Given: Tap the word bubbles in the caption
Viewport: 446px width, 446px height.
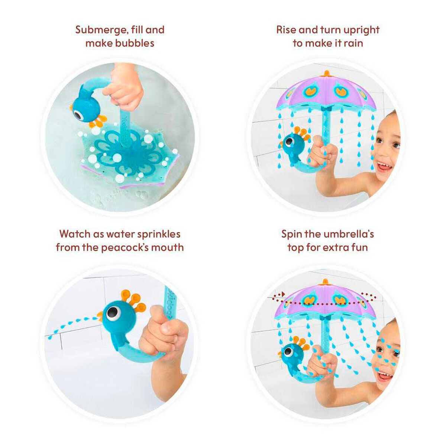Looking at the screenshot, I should point(134,43).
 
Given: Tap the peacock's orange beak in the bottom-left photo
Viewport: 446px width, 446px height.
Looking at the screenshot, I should point(99,316).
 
